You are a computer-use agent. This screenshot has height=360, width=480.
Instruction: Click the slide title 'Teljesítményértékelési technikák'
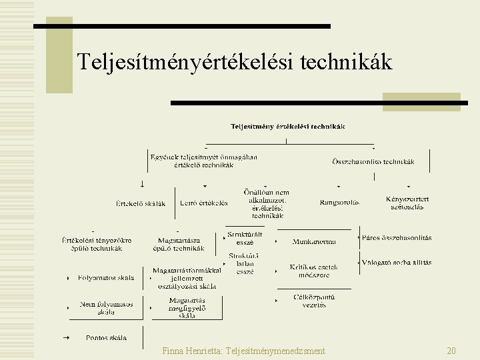tap(235, 62)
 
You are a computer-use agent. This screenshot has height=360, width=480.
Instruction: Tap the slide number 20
tap(451, 350)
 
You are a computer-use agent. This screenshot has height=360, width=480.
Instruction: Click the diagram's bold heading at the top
tap(288, 126)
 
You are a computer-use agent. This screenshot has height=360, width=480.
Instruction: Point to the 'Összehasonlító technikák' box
tap(373, 161)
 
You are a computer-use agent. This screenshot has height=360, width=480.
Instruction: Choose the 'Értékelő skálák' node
tap(141, 203)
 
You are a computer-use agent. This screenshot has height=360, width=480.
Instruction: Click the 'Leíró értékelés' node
tap(204, 203)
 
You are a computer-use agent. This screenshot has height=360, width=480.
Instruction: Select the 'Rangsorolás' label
tap(339, 203)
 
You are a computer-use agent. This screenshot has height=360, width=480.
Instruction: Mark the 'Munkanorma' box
tap(314, 241)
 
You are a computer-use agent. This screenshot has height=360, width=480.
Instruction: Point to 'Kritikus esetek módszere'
tap(314, 271)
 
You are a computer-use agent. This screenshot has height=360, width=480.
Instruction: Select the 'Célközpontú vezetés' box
tap(314, 301)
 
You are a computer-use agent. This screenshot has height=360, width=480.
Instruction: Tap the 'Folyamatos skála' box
tap(106, 277)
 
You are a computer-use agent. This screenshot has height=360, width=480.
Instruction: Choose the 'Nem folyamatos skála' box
tap(106, 307)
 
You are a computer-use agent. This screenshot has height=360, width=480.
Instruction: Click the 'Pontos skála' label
tap(106, 337)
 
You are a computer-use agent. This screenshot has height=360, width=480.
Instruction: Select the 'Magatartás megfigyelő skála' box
tap(187, 308)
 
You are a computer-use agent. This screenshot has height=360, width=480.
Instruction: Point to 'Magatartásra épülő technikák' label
tap(181, 244)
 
